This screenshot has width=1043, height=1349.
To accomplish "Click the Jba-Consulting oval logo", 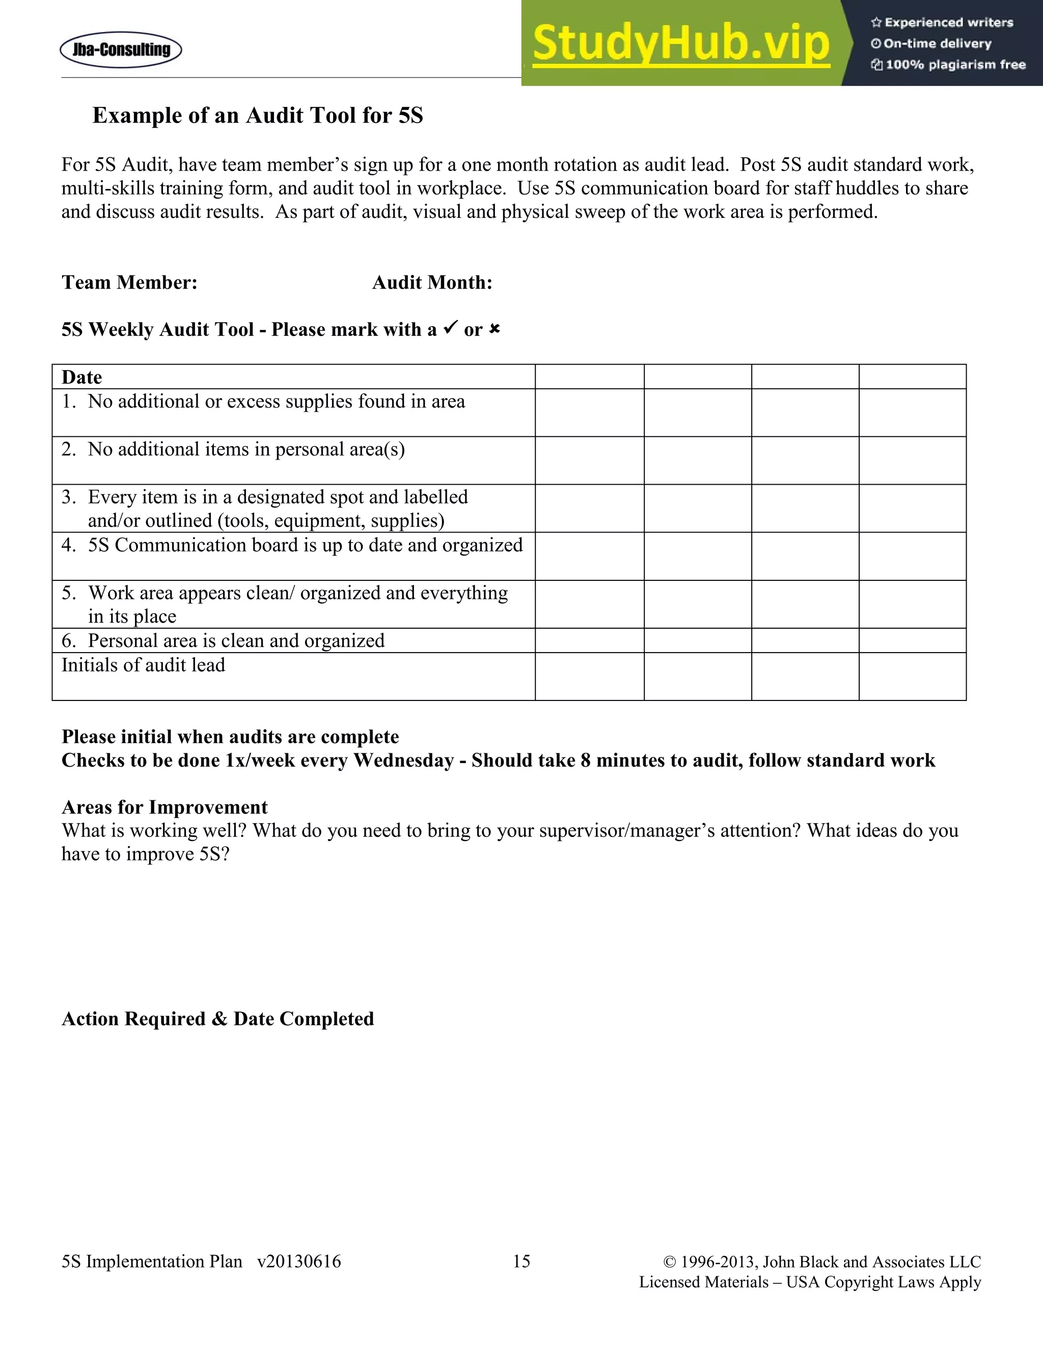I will pyautogui.click(x=121, y=50).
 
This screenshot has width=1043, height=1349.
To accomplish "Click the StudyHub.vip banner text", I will pyautogui.click(x=681, y=43).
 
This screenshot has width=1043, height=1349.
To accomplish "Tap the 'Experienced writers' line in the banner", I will pyautogui.click(x=942, y=23).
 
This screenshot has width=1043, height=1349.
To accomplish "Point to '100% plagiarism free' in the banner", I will pyautogui.click(x=948, y=65).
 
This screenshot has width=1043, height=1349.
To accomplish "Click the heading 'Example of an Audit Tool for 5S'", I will pyautogui.click(x=258, y=116).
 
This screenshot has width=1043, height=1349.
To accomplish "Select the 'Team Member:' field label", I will pyautogui.click(x=129, y=283).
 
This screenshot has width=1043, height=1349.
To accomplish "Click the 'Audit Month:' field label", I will pyautogui.click(x=432, y=283).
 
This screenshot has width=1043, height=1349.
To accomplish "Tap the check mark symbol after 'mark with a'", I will pyautogui.click(x=450, y=328).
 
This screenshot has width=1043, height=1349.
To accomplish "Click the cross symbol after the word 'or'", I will pyautogui.click(x=495, y=329).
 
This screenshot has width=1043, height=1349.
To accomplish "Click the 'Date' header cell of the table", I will pyautogui.click(x=81, y=377).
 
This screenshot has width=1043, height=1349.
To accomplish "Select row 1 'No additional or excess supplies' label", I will pyautogui.click(x=276, y=402).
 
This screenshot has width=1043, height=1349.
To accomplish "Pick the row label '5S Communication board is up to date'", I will pyautogui.click(x=305, y=545).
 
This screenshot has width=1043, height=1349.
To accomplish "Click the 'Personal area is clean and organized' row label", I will pyautogui.click(x=235, y=640).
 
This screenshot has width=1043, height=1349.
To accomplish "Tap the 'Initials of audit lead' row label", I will pyautogui.click(x=143, y=665).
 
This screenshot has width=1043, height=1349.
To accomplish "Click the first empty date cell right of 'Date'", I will pyautogui.click(x=589, y=377).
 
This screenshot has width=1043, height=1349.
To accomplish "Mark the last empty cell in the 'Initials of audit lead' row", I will pyautogui.click(x=912, y=677).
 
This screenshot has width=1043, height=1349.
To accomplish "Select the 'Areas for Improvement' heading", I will pyautogui.click(x=164, y=807).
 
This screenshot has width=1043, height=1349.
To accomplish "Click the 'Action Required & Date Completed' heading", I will pyautogui.click(x=217, y=1019).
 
